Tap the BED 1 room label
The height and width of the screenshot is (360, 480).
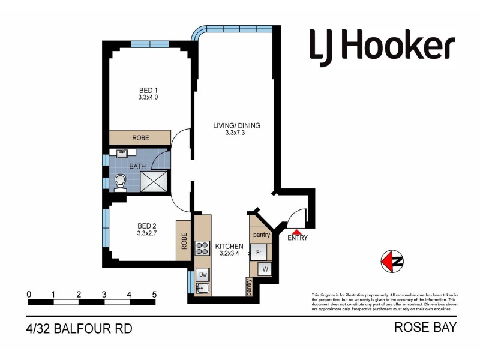148,93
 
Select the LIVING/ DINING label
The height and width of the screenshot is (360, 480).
234,129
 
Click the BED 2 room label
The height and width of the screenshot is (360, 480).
147,229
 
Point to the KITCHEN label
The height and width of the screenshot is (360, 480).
229,250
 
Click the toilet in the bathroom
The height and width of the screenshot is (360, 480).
120,182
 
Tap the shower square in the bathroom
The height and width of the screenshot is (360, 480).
154,181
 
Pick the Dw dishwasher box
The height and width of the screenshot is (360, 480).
203,275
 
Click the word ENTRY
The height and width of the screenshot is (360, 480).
298,238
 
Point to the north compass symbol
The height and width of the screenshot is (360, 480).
392,261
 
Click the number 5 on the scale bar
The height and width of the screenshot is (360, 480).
154,295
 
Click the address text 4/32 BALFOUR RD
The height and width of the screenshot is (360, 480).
79,328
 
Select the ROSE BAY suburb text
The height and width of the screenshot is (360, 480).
425,328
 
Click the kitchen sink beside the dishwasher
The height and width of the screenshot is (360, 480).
203,289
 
